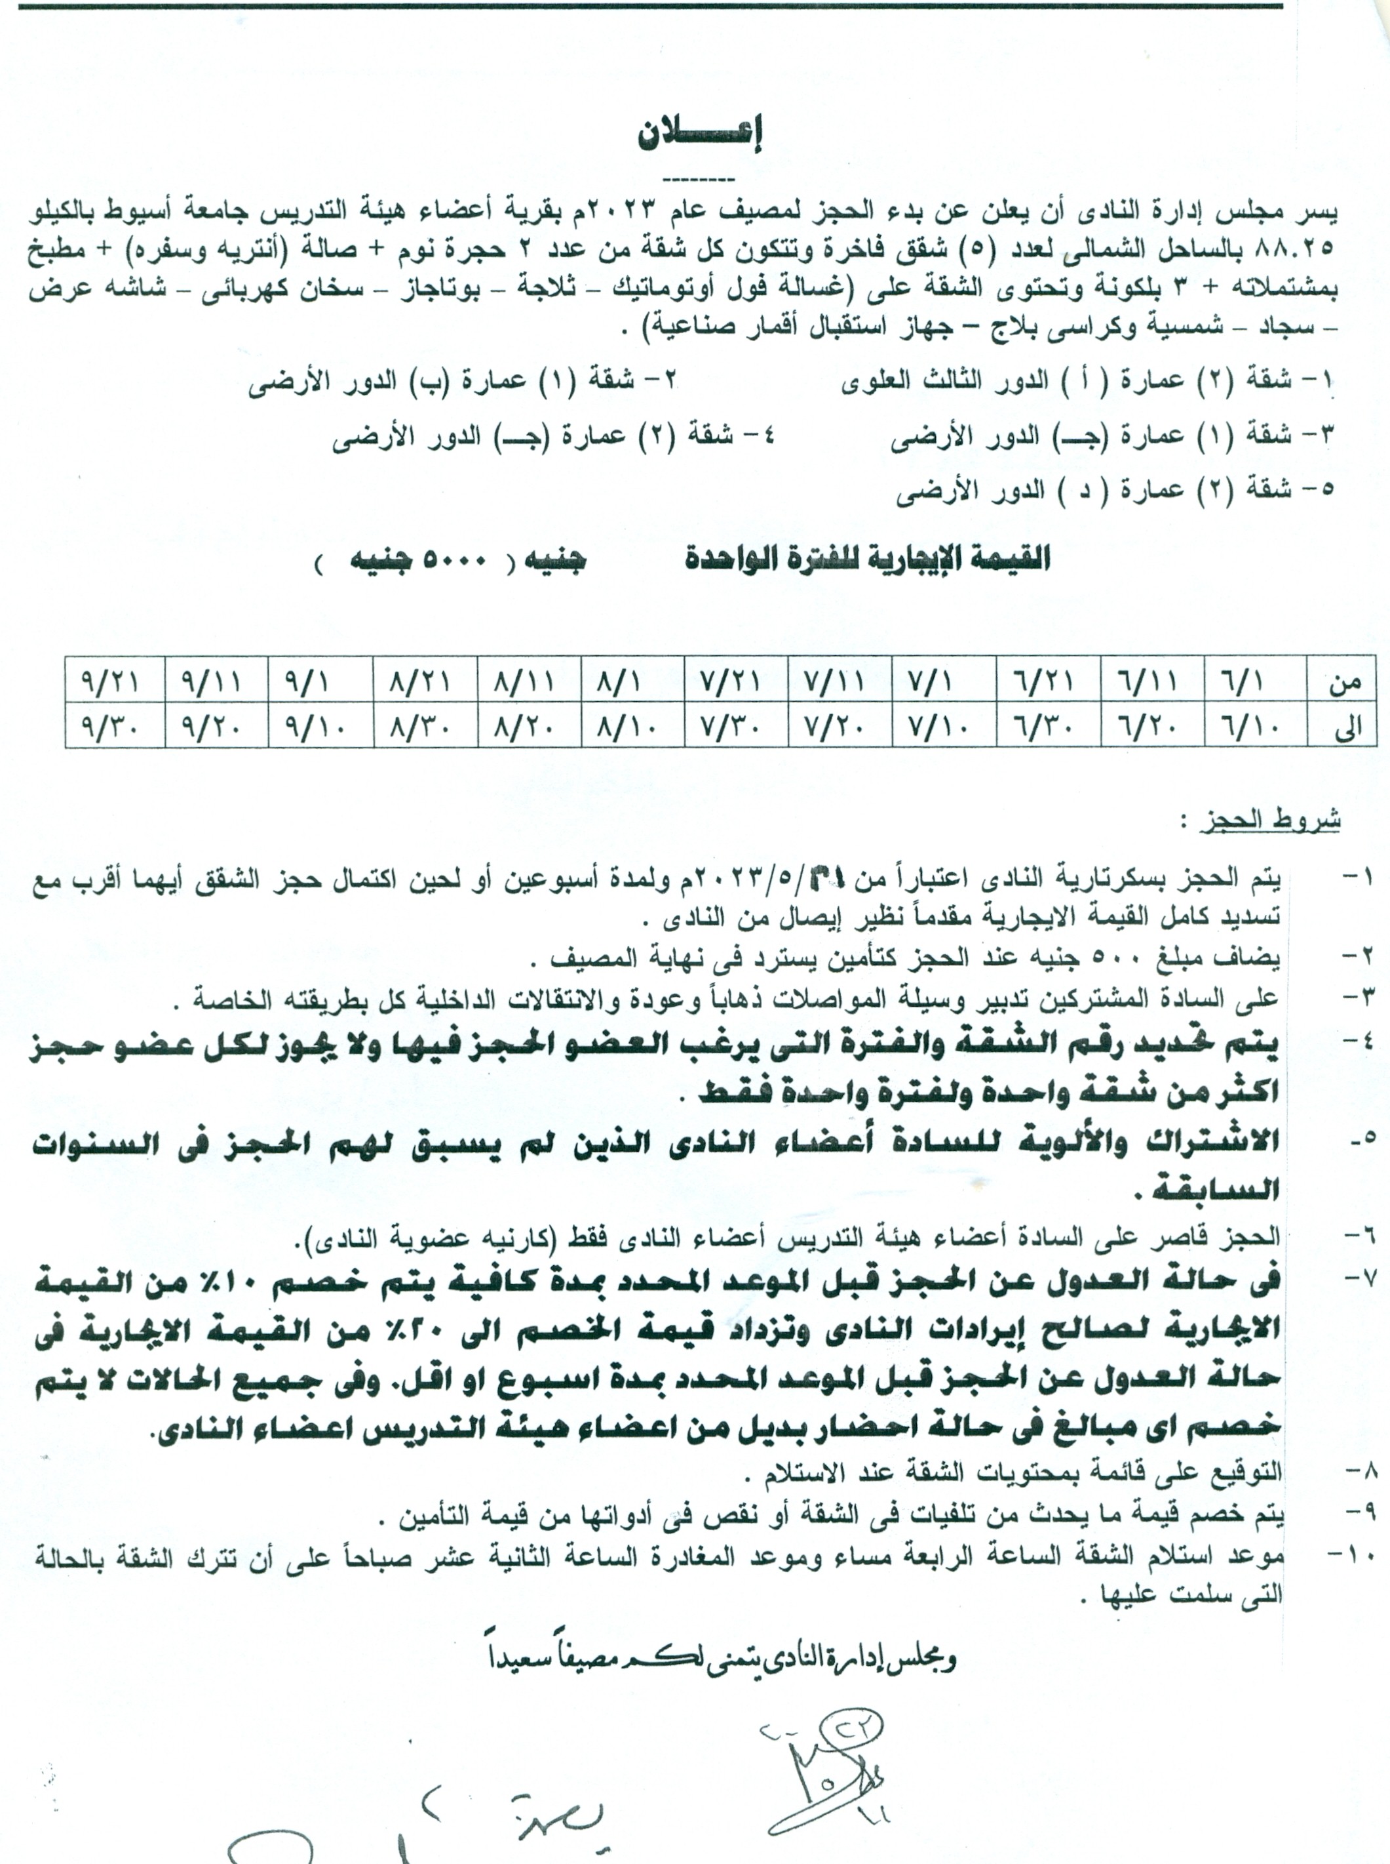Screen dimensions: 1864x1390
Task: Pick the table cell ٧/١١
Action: pos(839,680)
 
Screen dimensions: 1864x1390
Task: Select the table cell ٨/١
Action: pos(631,680)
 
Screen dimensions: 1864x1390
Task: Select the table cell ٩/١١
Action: pos(216,680)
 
